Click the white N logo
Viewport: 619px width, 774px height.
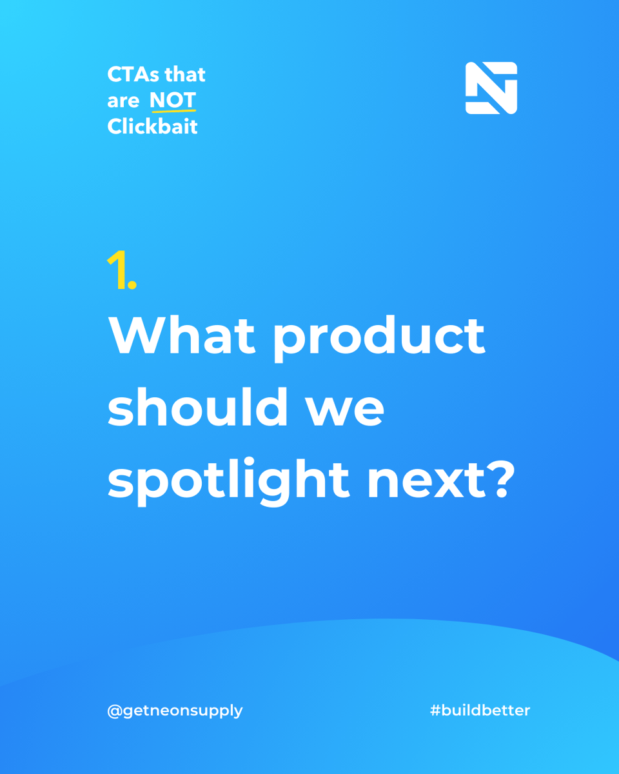(491, 88)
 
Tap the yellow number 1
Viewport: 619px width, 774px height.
(117, 270)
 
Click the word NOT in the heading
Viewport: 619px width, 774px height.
(173, 100)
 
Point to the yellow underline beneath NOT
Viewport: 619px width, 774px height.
(173, 111)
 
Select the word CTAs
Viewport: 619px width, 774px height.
(133, 74)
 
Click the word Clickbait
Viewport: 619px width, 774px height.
(153, 126)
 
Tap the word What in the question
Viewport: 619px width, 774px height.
(182, 335)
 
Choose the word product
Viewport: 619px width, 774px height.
(379, 339)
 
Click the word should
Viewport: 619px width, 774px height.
(197, 407)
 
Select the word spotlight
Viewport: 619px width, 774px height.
(229, 482)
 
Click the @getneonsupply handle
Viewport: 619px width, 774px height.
(175, 711)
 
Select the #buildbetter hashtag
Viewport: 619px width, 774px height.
(480, 710)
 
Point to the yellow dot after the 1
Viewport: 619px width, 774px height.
(132, 284)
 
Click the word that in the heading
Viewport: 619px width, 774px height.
(185, 74)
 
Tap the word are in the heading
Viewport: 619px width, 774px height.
(123, 101)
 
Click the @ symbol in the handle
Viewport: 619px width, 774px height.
(114, 711)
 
